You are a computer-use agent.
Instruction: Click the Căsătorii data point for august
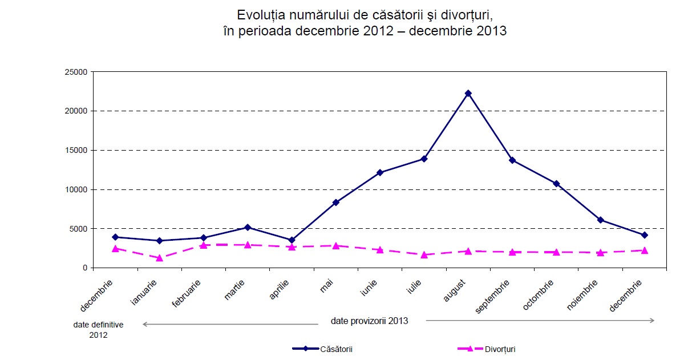(x=468, y=93)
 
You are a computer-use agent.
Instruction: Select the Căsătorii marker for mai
(x=336, y=203)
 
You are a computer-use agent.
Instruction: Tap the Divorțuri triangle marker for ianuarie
(x=159, y=258)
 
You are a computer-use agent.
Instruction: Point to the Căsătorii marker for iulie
(x=424, y=159)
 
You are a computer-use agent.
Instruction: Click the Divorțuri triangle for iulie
(x=424, y=254)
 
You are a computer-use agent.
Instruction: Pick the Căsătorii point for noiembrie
(x=600, y=220)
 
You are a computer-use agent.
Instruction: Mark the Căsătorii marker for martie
(x=248, y=227)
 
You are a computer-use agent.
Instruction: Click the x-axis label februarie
(x=187, y=294)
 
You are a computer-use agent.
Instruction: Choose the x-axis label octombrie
(x=539, y=295)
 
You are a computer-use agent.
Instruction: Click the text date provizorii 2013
(x=369, y=321)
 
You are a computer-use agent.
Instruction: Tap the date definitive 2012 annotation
(x=98, y=330)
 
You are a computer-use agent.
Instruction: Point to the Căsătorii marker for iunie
(x=380, y=172)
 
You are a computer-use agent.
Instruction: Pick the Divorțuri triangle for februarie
(x=204, y=245)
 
